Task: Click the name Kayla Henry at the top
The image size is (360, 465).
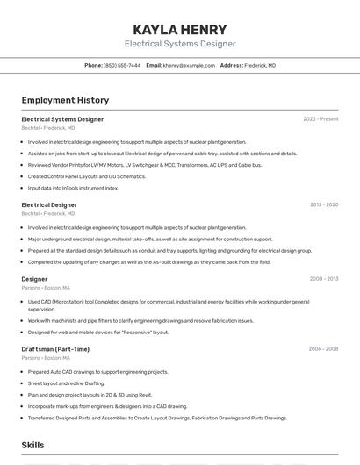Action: tap(179, 29)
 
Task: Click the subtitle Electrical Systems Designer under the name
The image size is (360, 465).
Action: tap(179, 44)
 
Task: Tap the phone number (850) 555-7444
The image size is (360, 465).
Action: tap(121, 65)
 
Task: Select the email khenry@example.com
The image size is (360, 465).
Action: tap(189, 65)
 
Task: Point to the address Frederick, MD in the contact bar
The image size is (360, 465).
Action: tap(259, 65)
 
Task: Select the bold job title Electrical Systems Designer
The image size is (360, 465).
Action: tap(62, 119)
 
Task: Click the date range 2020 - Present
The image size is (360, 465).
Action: tap(320, 119)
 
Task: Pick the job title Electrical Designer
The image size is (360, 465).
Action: tap(49, 204)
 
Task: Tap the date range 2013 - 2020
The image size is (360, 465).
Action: tap(323, 204)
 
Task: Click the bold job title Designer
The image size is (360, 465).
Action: tap(34, 279)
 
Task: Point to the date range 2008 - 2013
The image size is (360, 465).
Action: tap(323, 279)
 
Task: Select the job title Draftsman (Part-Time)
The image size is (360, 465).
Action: tap(55, 349)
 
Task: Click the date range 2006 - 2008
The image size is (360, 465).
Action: tap(323, 349)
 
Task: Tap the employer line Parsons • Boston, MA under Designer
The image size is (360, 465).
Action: tap(46, 287)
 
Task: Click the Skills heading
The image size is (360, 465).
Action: tap(32, 445)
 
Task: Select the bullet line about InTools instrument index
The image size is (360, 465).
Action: tap(73, 188)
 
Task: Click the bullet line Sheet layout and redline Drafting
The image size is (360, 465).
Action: tap(66, 383)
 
